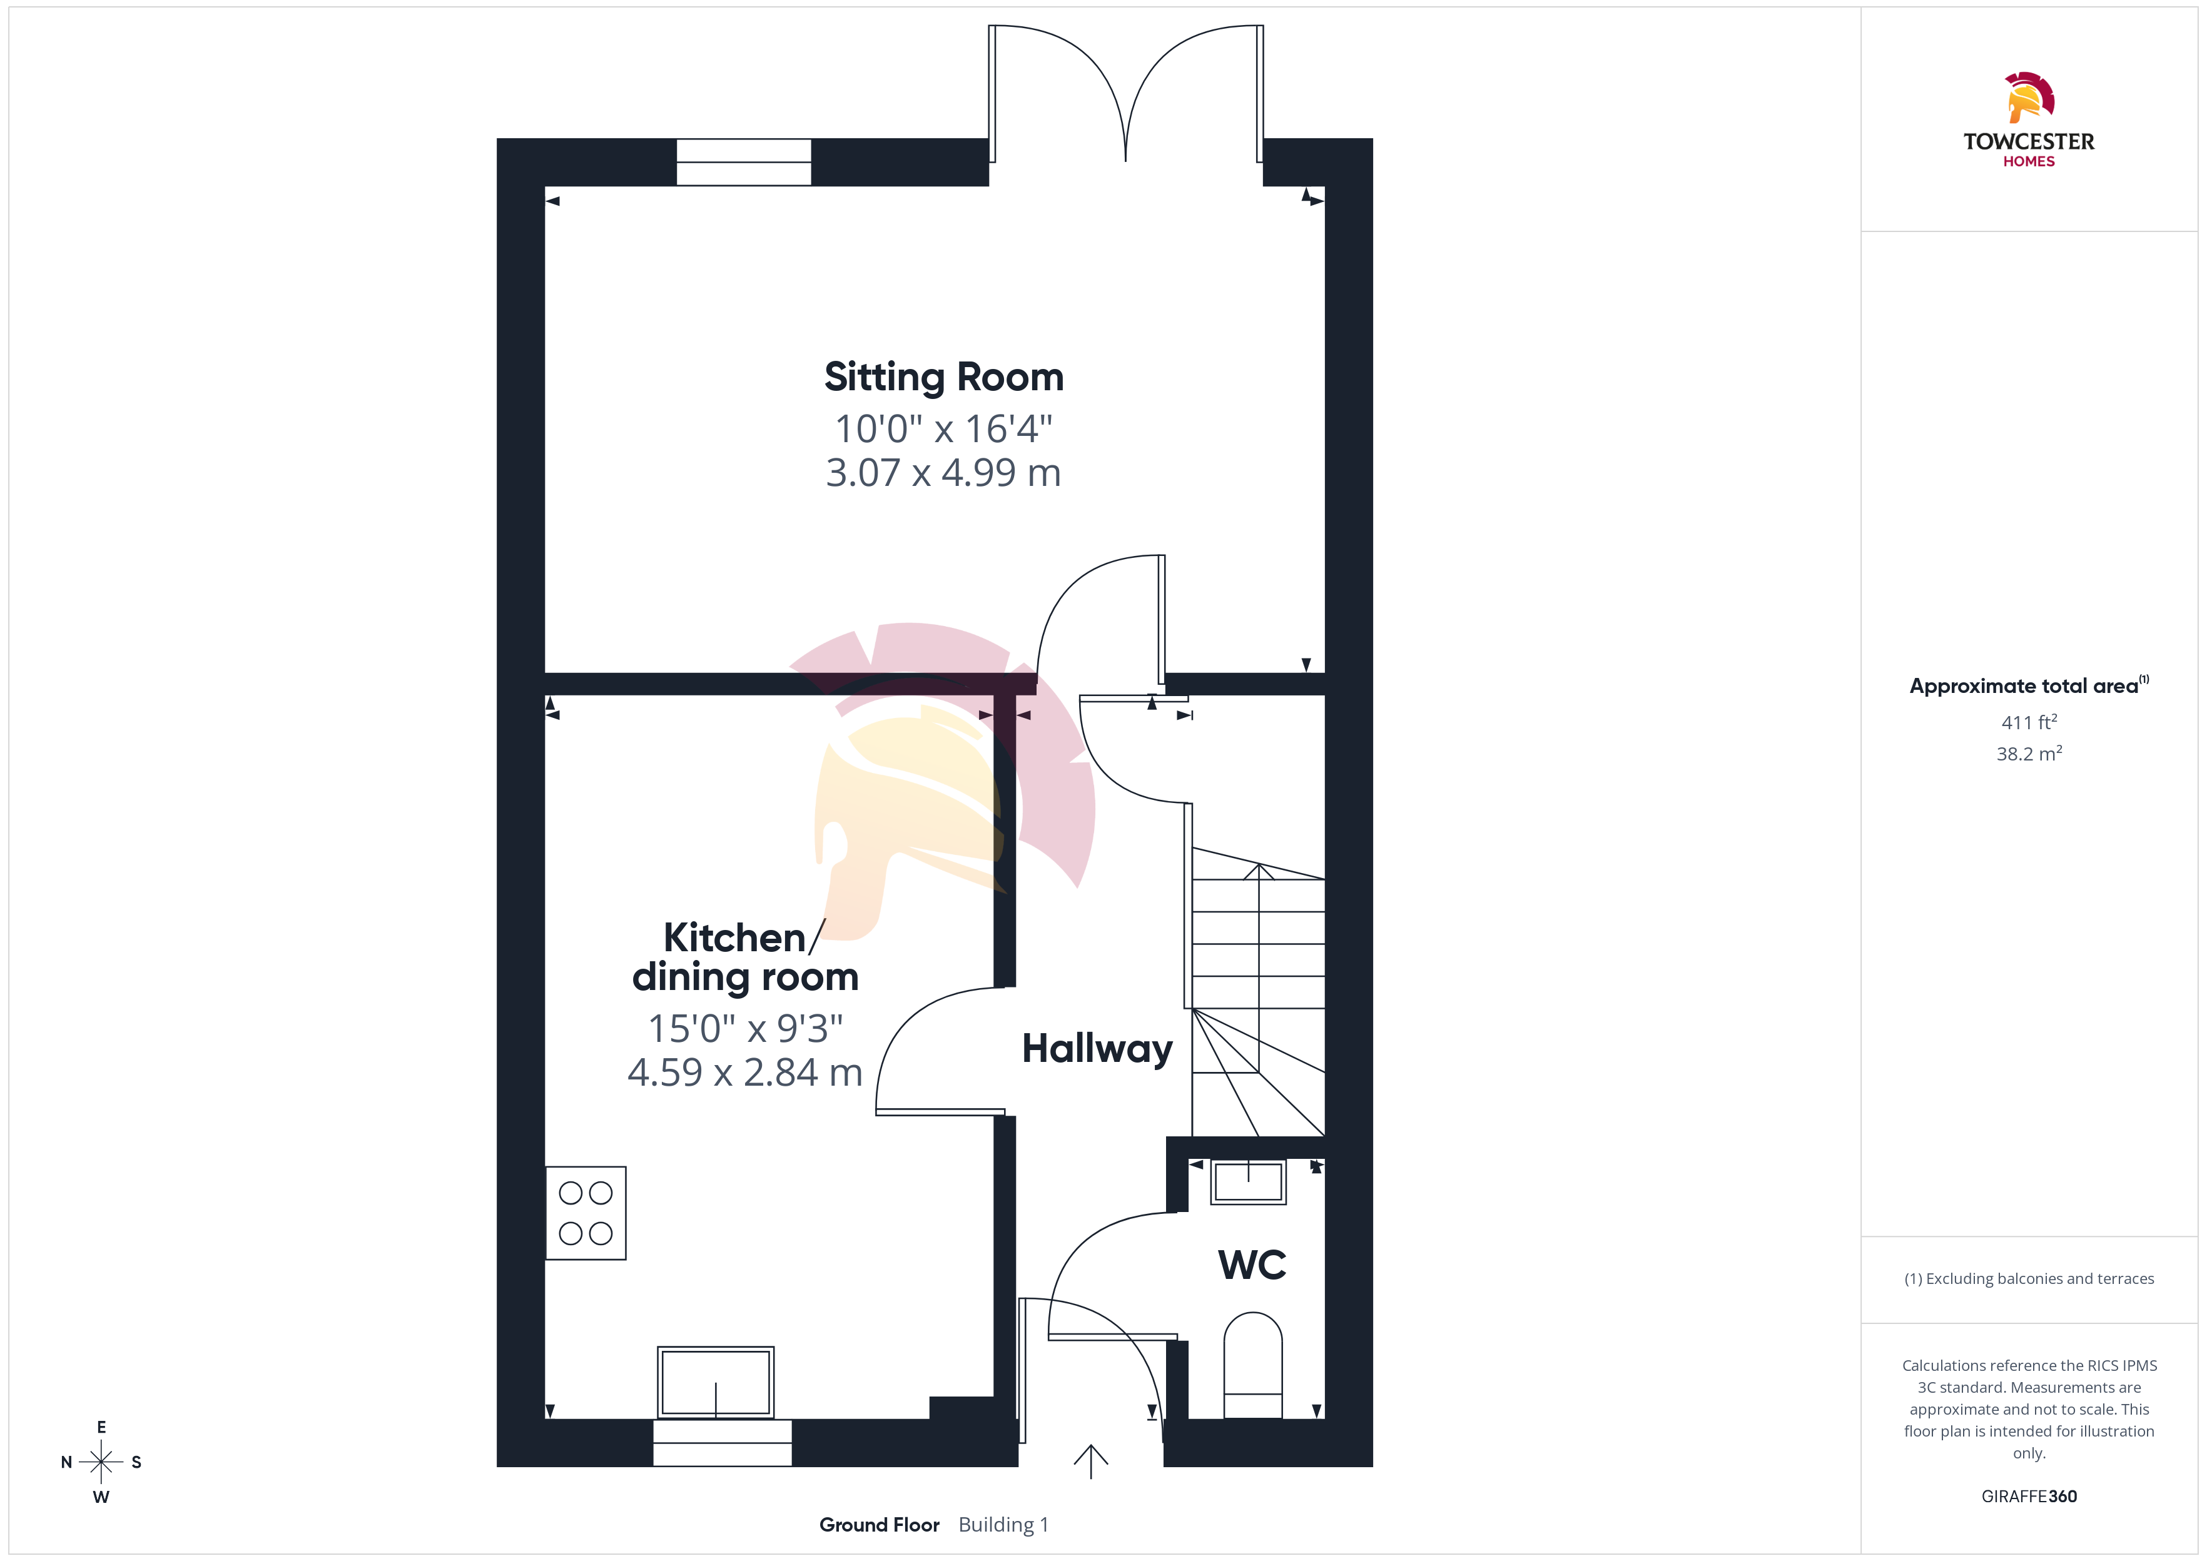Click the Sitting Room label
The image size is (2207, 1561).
point(944,376)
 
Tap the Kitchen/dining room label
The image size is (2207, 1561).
point(745,957)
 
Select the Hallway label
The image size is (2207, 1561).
point(1097,1049)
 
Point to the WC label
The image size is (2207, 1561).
point(1252,1265)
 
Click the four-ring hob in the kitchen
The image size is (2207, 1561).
point(586,1213)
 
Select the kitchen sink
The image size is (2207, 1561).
point(716,1382)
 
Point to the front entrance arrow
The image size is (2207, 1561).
point(1090,1461)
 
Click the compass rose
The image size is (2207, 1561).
point(101,1462)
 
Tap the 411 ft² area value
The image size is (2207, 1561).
point(2029,722)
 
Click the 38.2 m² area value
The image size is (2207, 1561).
point(2029,754)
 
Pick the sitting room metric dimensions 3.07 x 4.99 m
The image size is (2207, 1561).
point(943,473)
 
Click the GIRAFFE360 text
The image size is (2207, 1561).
point(2029,1497)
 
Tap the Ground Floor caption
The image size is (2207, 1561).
point(880,1525)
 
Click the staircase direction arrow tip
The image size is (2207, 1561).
point(1258,865)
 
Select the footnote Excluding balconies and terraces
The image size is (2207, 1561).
point(2029,1278)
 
